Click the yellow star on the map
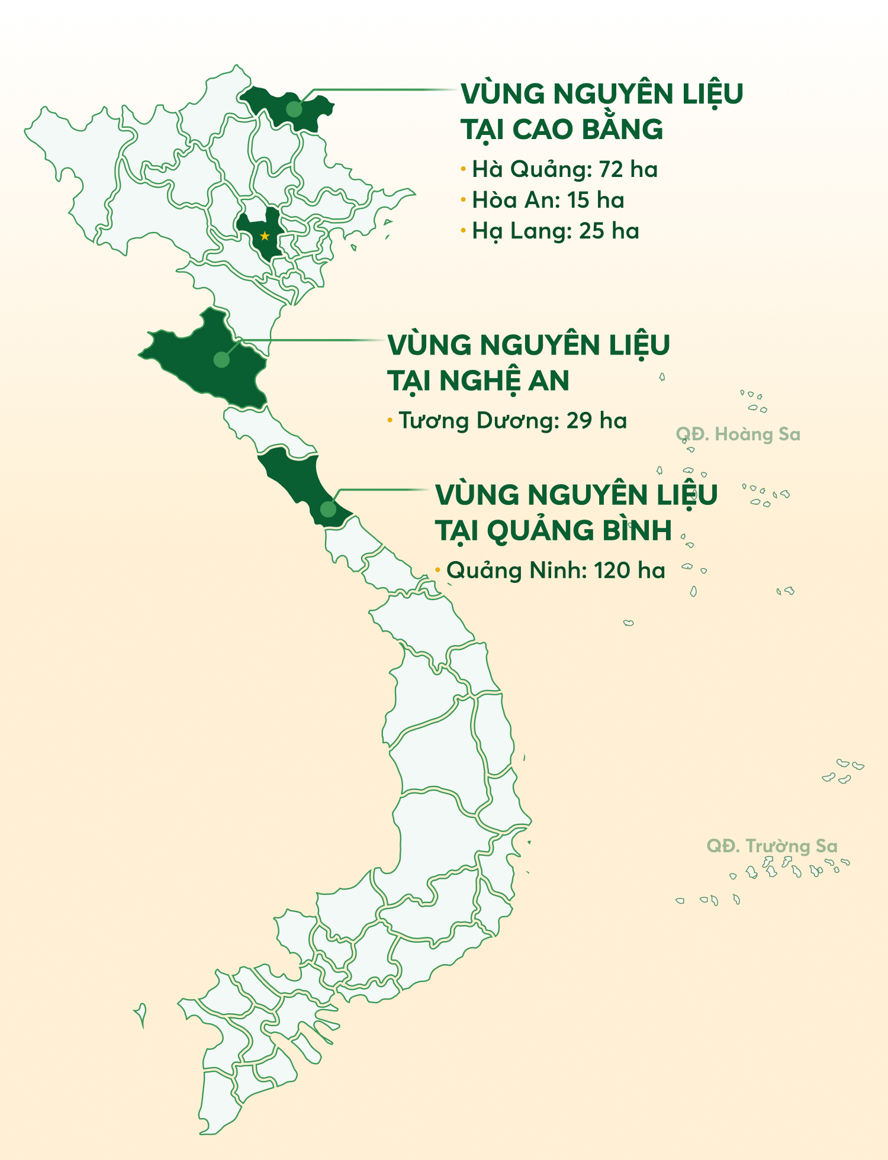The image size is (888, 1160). coord(265,236)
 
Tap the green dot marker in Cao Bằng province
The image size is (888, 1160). coord(294,109)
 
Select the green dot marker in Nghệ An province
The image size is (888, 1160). coord(221,359)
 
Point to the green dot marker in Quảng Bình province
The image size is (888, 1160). coord(328,509)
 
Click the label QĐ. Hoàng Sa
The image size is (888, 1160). coord(738,434)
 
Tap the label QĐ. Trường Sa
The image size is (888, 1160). coord(772,846)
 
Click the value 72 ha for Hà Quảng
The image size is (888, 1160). coord(628,169)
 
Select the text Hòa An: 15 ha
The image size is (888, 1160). coord(548,200)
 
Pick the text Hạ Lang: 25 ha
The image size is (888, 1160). coord(555,231)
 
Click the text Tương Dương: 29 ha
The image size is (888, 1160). coord(513,420)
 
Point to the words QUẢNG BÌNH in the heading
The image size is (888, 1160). coord(579,530)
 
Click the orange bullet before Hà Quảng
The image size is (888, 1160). coord(464,169)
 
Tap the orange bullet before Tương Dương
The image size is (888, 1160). coord(390,420)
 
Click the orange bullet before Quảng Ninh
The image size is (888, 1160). coord(437,570)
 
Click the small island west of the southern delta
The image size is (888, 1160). coord(141,1014)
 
